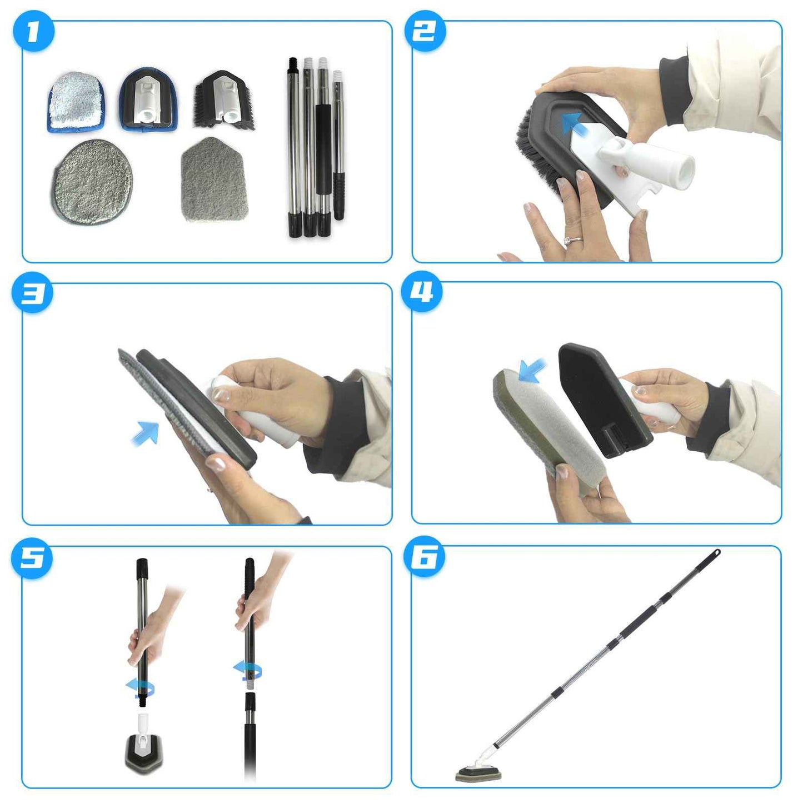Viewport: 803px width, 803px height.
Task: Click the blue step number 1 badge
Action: coord(33,32)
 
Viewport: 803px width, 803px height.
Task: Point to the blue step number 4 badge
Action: coord(422,291)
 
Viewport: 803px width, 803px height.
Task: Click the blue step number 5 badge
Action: coord(32,558)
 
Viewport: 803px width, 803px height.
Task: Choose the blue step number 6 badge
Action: coord(425,557)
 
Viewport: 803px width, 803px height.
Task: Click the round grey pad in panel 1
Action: coord(92,182)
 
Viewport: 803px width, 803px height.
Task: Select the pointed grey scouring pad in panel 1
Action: coord(214,180)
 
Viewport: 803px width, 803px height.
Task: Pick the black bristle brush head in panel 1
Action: coord(224,101)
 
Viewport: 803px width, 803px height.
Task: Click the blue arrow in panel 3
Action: coord(146,433)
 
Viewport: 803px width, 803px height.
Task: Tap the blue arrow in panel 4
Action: coord(531,371)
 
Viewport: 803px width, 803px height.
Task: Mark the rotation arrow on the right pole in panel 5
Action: coord(247,670)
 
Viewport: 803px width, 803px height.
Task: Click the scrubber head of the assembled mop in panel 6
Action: coord(478,774)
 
